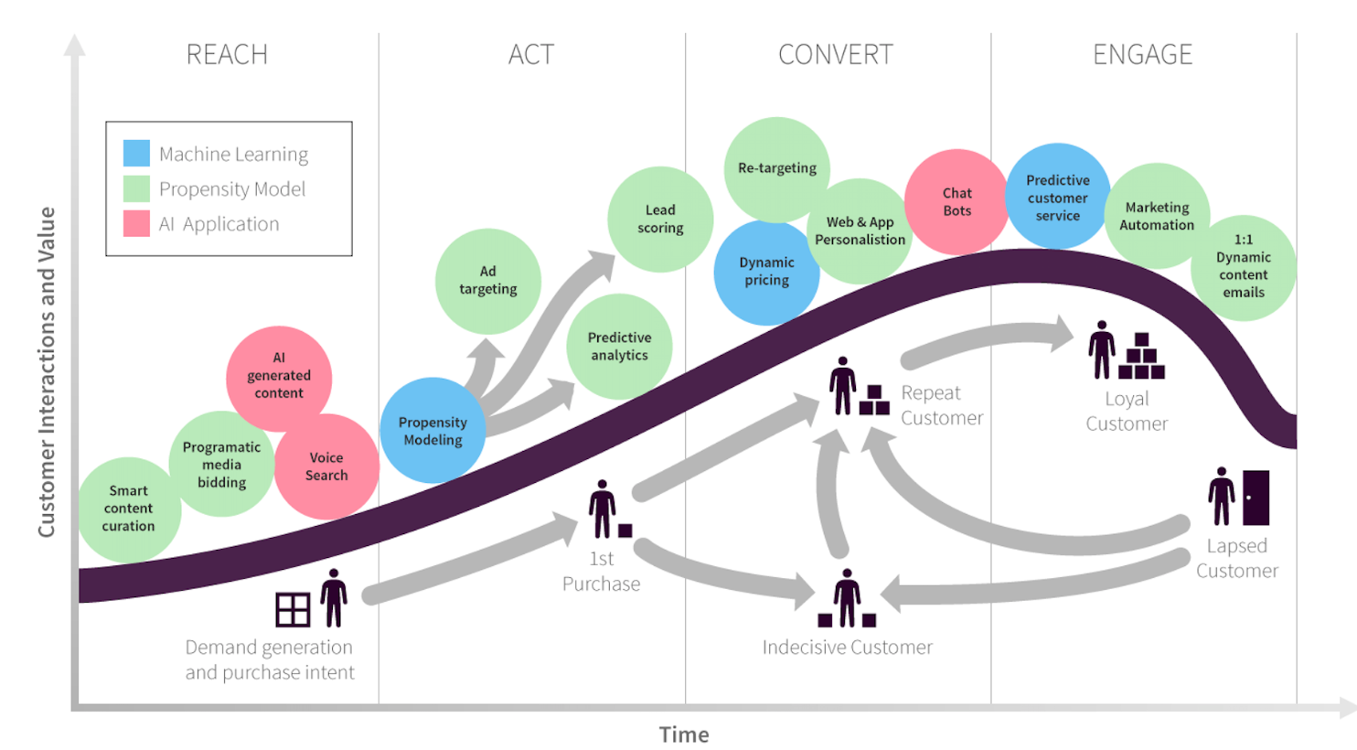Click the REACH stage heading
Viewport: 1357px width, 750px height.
point(227,55)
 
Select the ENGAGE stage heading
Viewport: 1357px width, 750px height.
point(1142,55)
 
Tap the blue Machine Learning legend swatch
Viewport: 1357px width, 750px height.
point(136,154)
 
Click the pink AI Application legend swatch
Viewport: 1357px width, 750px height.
point(136,224)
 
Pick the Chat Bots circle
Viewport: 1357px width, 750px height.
point(956,202)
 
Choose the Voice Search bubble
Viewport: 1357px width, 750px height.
point(326,466)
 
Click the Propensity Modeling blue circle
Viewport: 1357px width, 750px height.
point(433,431)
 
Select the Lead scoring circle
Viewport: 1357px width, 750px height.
point(660,220)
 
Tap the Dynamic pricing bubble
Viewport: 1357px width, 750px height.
point(766,272)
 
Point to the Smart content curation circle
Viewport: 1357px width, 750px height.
point(129,509)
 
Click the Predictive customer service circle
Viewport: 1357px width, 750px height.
point(1058,198)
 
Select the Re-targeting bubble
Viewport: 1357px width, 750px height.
point(777,168)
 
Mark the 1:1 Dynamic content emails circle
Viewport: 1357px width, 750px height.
point(1243,267)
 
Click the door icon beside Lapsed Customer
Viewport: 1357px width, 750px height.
point(1255,498)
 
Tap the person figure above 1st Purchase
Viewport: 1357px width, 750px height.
point(602,509)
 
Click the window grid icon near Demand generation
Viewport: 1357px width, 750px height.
point(293,609)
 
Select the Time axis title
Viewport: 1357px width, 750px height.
point(684,734)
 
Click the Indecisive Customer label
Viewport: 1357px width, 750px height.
point(847,648)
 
